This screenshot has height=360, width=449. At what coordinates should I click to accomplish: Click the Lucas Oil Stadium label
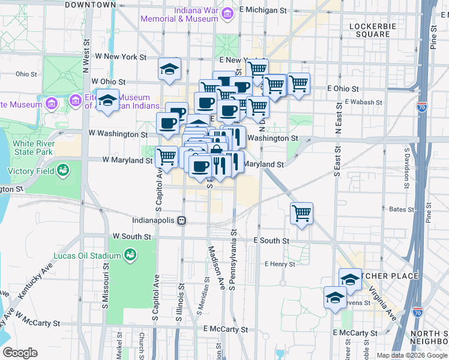pos(87,256)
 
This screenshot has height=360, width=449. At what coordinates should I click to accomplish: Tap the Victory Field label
pos(29,171)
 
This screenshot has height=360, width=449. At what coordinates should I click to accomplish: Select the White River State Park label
pos(29,148)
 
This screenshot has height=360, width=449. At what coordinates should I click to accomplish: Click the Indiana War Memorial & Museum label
pos(179,14)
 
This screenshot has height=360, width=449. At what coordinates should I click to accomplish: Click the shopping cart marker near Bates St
pos(301,213)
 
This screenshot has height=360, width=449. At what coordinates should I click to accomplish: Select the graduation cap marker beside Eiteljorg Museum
pos(108,100)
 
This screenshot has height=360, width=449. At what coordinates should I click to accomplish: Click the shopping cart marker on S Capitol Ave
pos(166,157)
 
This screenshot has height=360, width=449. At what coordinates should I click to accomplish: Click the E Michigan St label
pos(263,10)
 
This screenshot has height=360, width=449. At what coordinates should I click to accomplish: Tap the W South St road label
pos(131,236)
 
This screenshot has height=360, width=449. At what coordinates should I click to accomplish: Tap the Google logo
pos(19,353)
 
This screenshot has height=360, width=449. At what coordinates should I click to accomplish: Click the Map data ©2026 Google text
pos(412,355)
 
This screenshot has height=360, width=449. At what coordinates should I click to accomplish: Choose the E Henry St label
pos(280,264)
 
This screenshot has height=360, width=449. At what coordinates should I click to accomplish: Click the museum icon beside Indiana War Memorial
pos(227,14)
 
